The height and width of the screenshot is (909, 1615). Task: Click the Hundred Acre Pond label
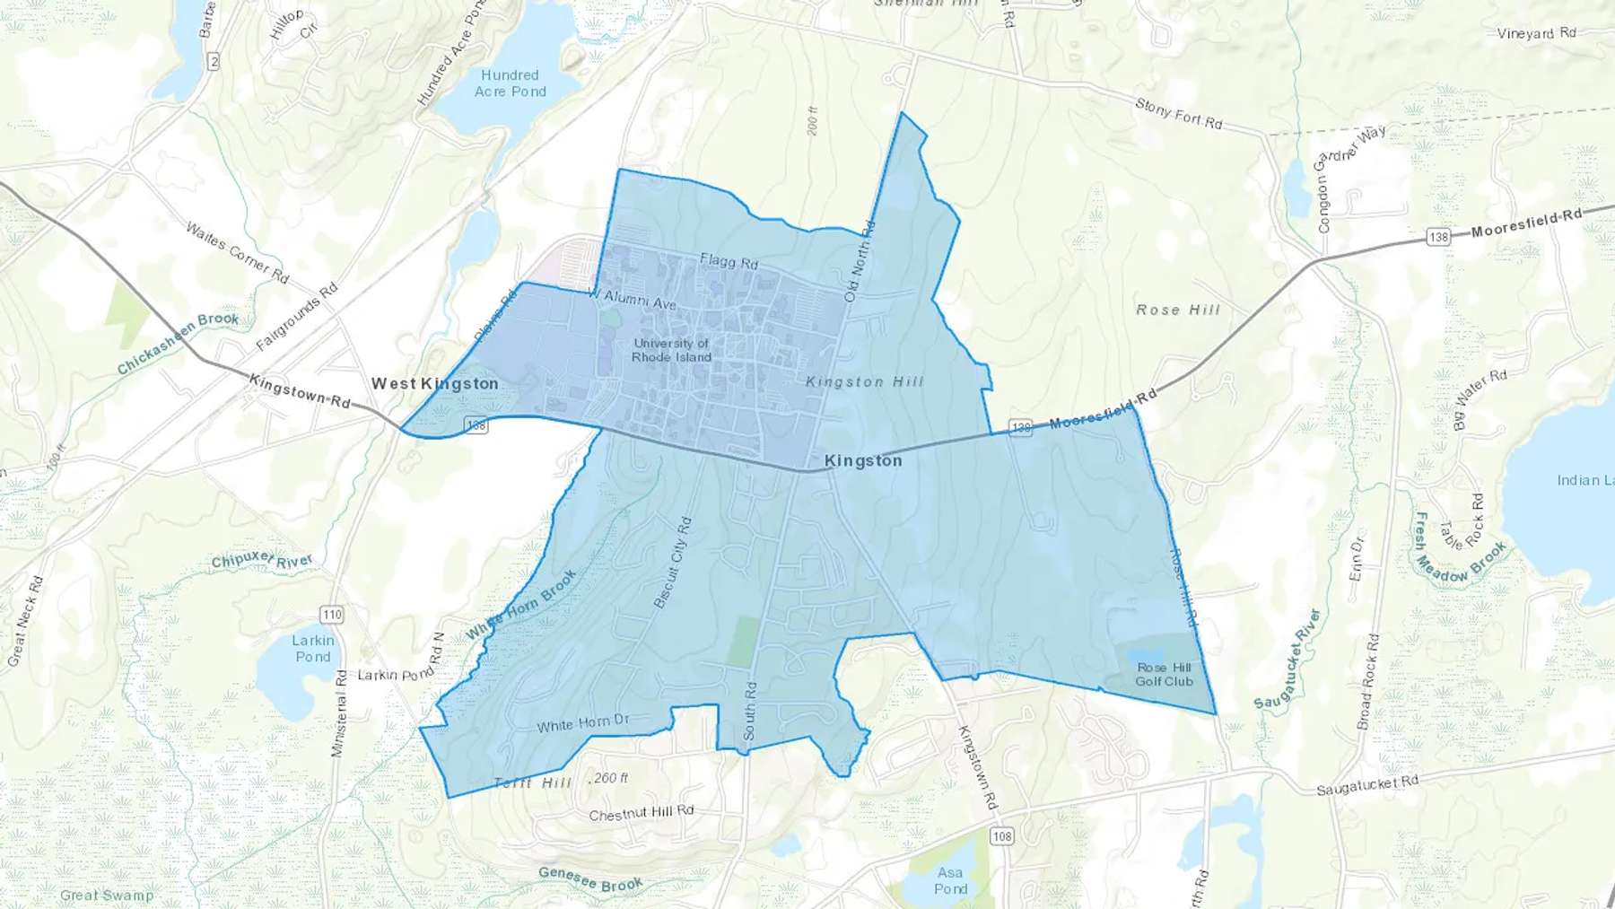tap(510, 83)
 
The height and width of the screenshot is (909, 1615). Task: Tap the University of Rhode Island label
tap(671, 350)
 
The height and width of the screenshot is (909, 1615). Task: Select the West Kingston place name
tap(435, 383)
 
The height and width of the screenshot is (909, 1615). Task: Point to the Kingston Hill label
tap(865, 382)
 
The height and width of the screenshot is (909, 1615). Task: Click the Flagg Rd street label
tap(729, 261)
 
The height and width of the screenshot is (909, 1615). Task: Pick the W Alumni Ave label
tap(632, 298)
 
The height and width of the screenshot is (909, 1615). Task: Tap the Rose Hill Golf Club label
tap(1164, 674)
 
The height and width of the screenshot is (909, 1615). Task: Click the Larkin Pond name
tap(312, 648)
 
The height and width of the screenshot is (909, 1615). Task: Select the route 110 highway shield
tap(332, 615)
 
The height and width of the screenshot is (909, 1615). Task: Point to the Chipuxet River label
tap(262, 562)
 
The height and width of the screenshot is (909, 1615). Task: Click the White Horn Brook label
tap(520, 605)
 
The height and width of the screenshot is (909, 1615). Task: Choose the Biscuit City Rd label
tap(673, 563)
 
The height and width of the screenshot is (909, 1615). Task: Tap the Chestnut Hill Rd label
tap(642, 813)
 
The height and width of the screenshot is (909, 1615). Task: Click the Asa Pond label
tap(950, 880)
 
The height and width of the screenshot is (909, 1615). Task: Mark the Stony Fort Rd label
tap(1178, 113)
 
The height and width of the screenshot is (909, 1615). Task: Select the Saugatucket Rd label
tap(1367, 785)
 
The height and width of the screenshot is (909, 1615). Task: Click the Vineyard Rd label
tap(1536, 33)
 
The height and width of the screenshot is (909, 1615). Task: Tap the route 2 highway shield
tap(213, 61)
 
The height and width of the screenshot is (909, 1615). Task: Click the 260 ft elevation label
tap(611, 778)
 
